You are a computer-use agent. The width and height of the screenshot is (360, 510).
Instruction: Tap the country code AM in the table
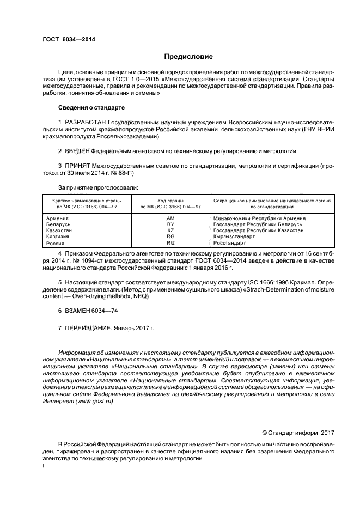pyautogui.click(x=170, y=218)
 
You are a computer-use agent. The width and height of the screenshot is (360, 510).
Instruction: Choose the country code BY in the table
pyautogui.click(x=170, y=224)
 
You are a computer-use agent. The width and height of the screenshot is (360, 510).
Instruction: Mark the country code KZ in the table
pyautogui.click(x=170, y=230)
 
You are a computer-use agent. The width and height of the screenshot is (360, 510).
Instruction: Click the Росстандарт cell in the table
pyautogui.click(x=228, y=244)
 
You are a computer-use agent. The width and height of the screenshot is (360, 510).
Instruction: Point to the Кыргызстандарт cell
pyautogui.click(x=234, y=237)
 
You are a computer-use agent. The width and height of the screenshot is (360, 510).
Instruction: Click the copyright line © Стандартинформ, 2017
pyautogui.click(x=298, y=433)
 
